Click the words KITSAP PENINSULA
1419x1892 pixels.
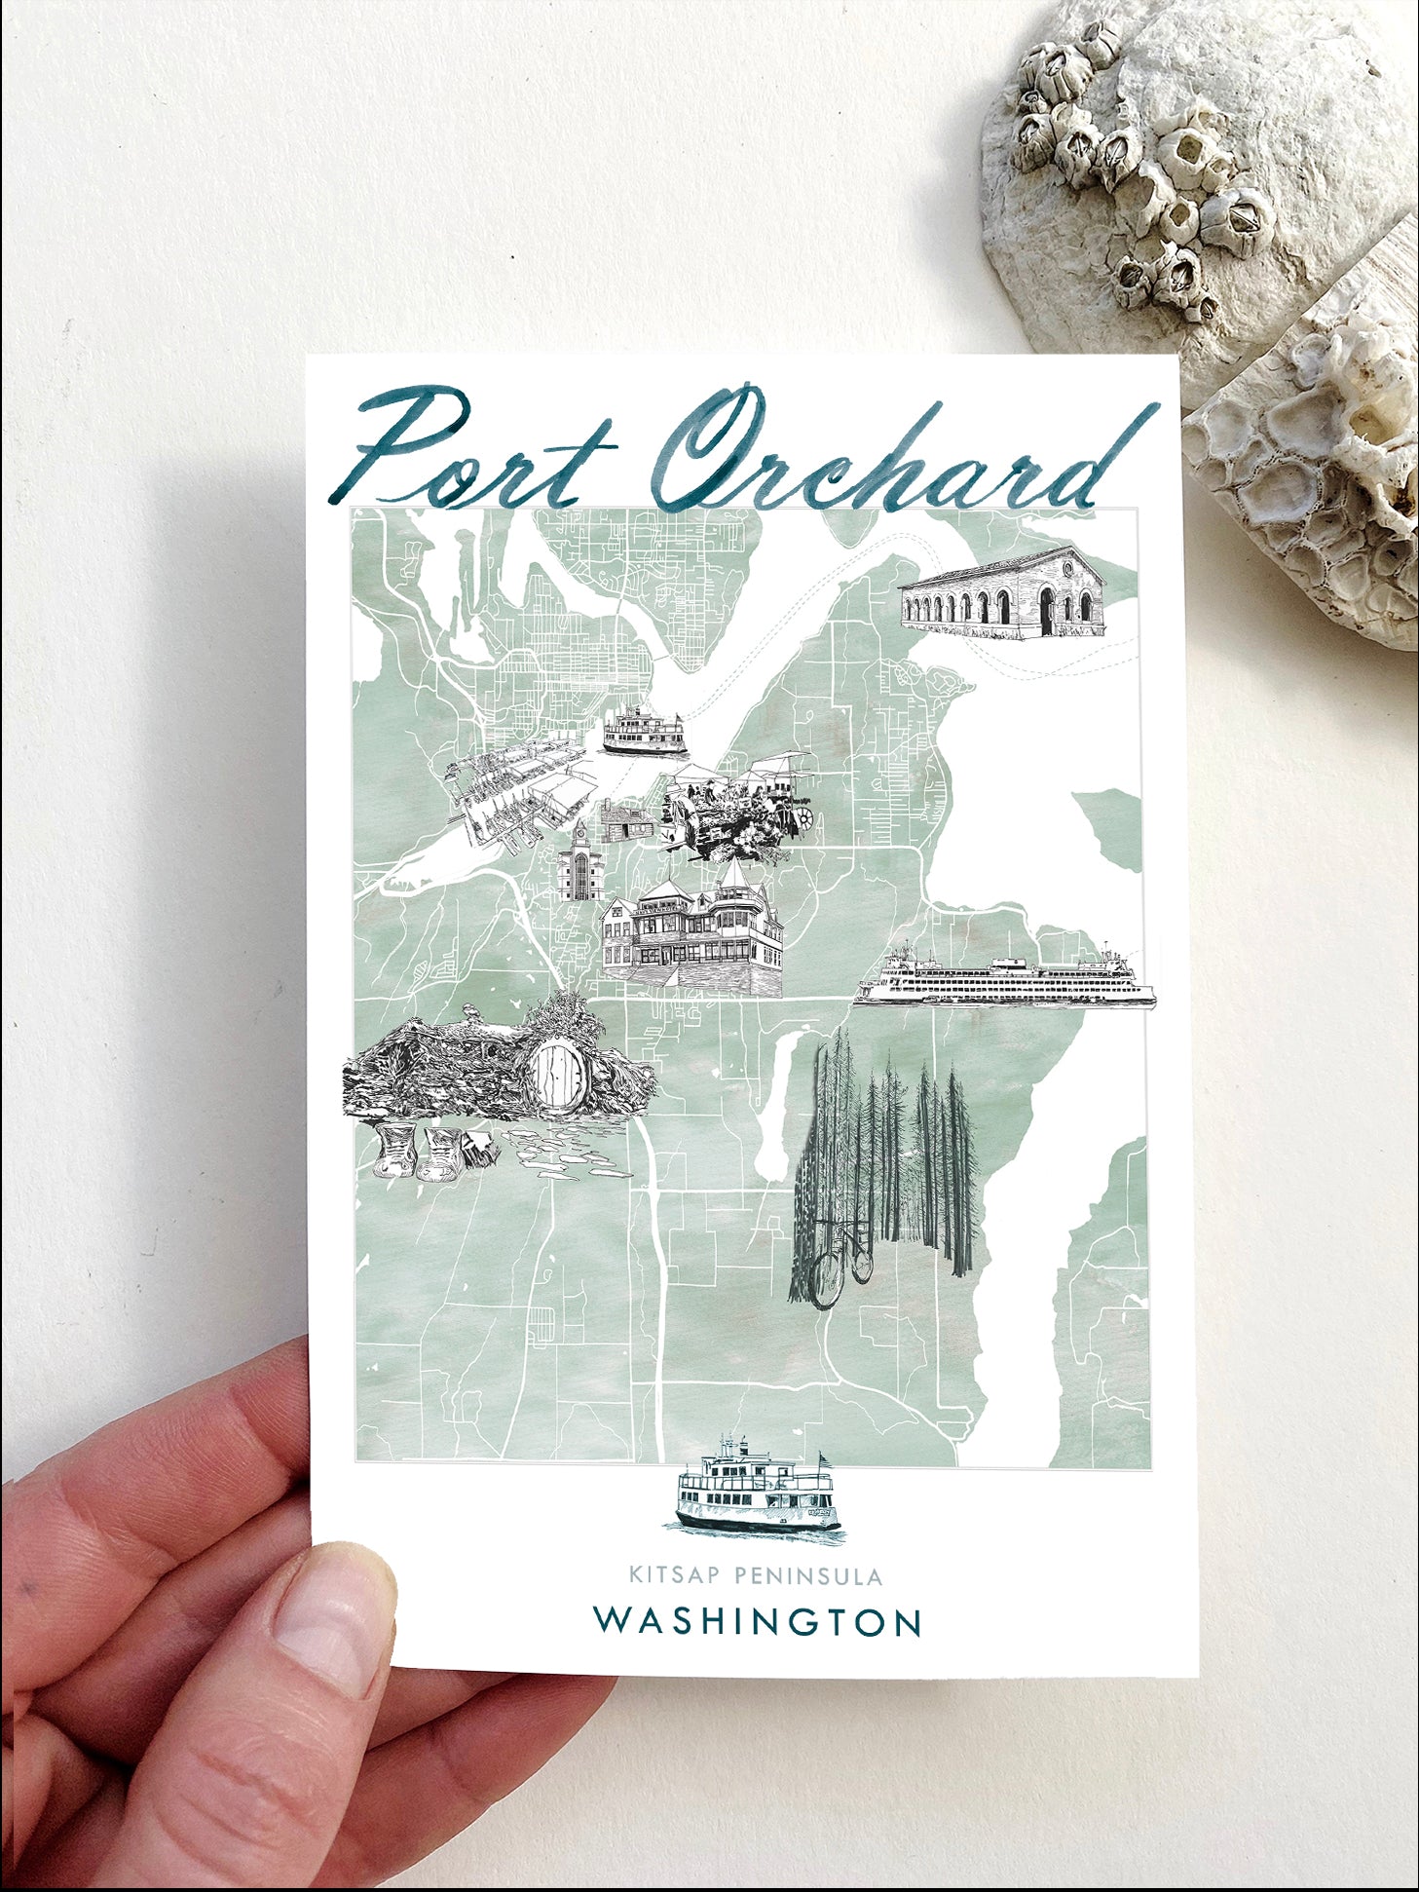point(755,1575)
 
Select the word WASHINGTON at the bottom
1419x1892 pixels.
point(758,1621)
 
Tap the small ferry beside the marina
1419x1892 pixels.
point(644,732)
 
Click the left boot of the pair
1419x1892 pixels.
point(395,1151)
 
